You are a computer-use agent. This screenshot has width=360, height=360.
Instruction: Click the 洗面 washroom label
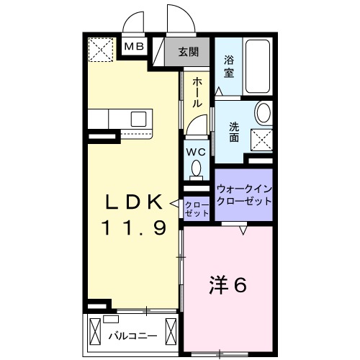tap(235, 132)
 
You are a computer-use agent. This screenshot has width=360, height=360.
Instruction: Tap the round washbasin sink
tap(264, 113)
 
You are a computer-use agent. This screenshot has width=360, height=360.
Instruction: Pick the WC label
tap(195, 153)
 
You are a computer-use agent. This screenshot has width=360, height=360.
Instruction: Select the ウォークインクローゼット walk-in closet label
tap(243, 195)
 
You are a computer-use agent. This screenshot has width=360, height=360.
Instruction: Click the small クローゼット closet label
tap(196, 210)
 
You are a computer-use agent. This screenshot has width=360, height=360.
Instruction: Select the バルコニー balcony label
tap(131, 335)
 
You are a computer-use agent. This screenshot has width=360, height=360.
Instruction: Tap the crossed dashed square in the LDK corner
tap(100, 50)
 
